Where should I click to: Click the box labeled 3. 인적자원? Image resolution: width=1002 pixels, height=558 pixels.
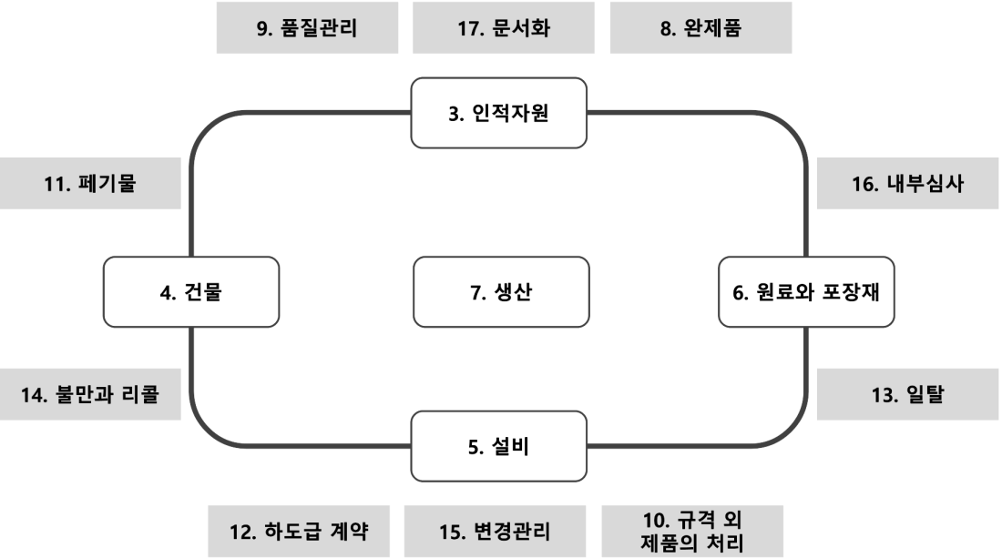pos(498,113)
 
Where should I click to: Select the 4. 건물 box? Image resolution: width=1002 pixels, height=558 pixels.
pos(191,292)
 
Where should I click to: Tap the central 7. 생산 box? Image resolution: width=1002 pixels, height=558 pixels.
pos(501,292)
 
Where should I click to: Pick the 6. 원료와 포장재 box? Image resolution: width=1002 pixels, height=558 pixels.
pos(806,292)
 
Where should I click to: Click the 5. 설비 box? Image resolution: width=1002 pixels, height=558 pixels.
pos(498,446)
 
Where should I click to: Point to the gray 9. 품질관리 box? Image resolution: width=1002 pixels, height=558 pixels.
pos(307,27)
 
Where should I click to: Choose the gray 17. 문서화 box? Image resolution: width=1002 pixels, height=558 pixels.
pos(504,27)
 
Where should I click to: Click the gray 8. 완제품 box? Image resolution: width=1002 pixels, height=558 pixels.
pos(701,27)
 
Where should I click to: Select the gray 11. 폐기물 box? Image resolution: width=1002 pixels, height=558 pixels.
pos(90,183)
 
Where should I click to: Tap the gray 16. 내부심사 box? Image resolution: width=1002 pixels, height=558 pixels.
pos(907,183)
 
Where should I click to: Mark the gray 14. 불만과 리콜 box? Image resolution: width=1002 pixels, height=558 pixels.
pos(90,394)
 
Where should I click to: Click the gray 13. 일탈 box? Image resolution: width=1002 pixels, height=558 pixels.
pos(907,394)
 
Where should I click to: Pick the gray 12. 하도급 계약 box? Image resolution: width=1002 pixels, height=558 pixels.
pos(299,532)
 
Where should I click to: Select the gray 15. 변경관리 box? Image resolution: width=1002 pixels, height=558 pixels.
pos(495,532)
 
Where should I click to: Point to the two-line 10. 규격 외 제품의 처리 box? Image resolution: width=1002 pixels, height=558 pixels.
pos(692,532)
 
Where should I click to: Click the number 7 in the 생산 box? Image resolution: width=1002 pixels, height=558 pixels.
pos(476,292)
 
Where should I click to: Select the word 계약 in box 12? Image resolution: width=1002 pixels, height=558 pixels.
pos(350,532)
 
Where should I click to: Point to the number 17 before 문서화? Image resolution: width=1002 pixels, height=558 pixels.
pos(470,28)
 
